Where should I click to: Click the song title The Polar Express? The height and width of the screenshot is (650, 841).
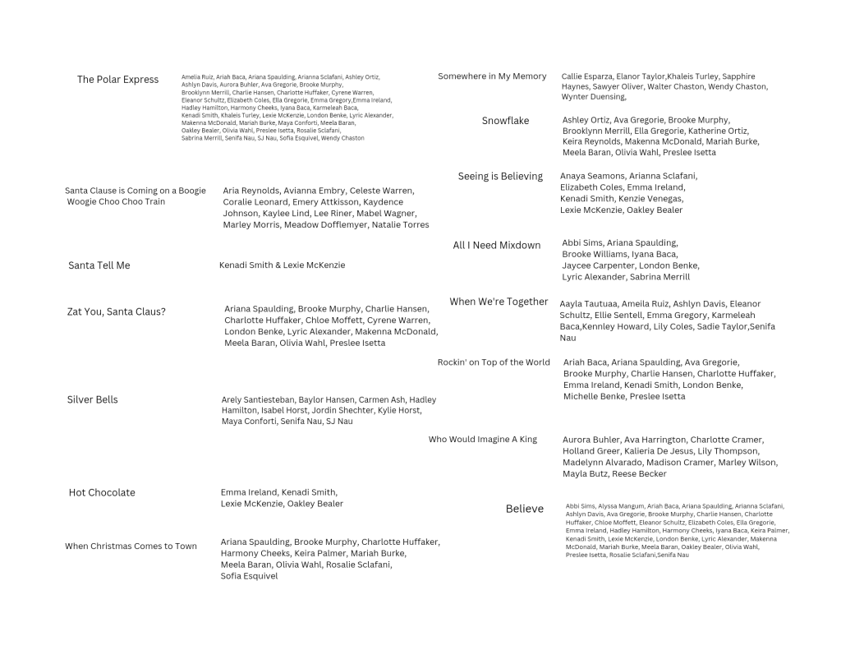(x=117, y=80)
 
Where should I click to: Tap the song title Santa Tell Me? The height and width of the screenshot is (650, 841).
(x=99, y=265)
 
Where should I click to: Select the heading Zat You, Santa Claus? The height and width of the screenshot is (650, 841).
(x=116, y=311)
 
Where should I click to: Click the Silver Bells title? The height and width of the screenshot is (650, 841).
(x=92, y=399)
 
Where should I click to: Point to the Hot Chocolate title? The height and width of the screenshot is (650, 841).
(x=102, y=492)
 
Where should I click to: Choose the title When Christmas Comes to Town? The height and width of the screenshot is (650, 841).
(x=131, y=546)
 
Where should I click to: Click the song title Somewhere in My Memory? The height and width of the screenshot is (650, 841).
(x=492, y=76)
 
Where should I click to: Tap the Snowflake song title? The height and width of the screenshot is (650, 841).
(x=505, y=121)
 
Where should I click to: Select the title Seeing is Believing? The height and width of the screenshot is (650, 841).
(x=500, y=176)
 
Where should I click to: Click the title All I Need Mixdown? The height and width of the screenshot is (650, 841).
(x=497, y=245)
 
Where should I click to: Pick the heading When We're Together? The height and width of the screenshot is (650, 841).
(x=499, y=302)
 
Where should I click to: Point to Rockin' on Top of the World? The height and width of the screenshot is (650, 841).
(x=494, y=362)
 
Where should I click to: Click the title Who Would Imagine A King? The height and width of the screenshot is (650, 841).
(x=482, y=440)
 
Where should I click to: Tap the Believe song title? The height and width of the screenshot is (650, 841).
(x=524, y=509)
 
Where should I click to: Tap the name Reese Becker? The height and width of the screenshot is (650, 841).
(x=640, y=474)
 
